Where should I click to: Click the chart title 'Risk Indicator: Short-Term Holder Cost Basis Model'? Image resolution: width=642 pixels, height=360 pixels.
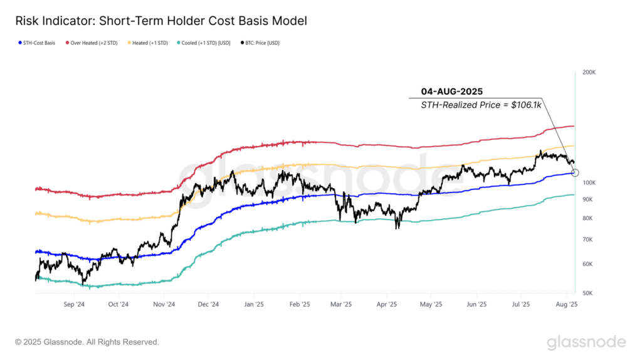(161, 21)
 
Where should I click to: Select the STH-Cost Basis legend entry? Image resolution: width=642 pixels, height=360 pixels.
(36, 43)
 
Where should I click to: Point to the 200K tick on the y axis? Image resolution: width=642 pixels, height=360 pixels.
(589, 73)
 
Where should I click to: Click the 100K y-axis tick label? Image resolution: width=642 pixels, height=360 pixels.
(589, 183)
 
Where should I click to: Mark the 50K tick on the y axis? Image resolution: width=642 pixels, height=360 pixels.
(589, 293)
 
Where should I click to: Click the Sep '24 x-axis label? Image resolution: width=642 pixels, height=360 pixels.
(73, 304)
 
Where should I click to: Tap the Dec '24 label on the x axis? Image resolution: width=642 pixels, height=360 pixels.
(208, 304)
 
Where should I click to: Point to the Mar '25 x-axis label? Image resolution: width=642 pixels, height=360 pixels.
(342, 304)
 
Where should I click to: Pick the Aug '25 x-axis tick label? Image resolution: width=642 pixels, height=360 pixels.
(567, 304)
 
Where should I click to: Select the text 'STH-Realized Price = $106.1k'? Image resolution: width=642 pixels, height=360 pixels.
(481, 106)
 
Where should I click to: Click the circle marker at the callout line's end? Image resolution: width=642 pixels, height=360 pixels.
(576, 172)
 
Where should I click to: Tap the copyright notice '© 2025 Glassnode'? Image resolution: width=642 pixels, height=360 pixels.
(87, 342)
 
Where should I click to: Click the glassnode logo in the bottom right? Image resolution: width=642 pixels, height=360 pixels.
(586, 342)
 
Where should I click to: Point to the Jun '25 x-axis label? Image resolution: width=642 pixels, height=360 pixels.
(477, 304)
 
